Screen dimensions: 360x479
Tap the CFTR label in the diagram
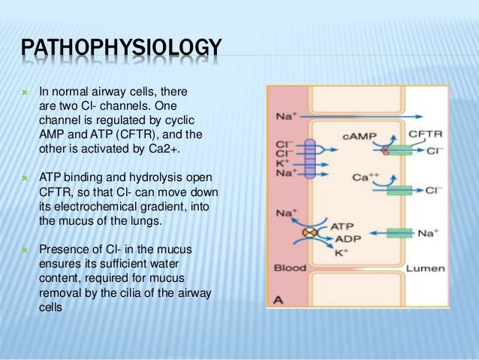(425, 134)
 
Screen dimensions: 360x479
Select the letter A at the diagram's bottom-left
(277, 300)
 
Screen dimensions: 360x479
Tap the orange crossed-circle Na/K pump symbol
(306, 233)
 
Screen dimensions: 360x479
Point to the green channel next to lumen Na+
(398, 234)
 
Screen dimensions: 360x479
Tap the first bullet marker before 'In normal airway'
(25, 95)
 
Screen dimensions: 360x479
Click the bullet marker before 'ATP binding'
(25, 177)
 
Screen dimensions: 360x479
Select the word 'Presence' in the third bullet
(65, 247)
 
